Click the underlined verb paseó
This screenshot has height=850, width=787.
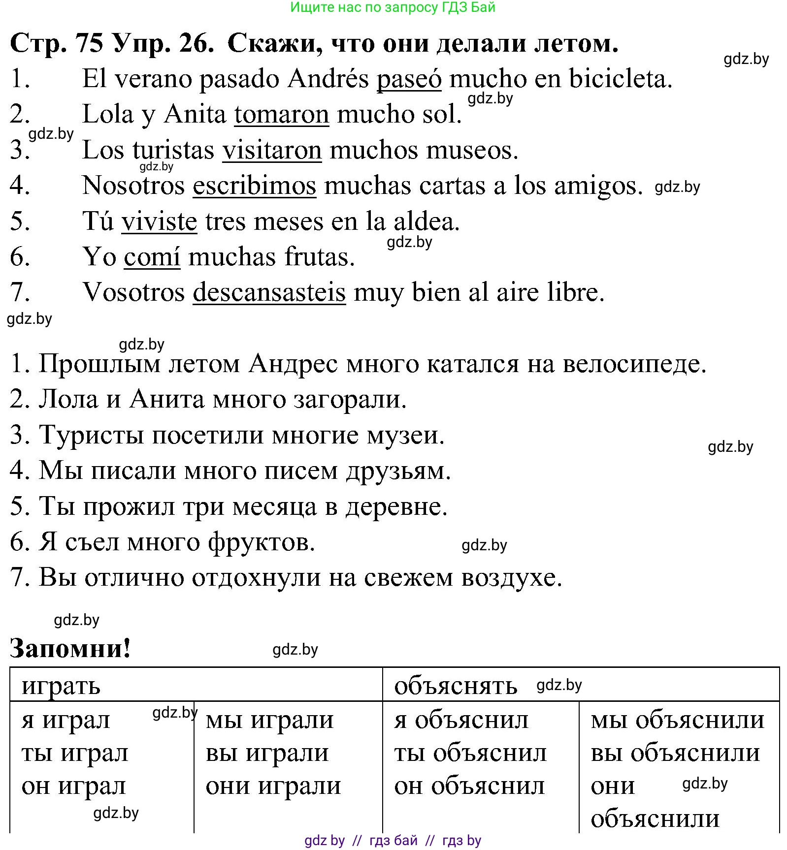tap(409, 79)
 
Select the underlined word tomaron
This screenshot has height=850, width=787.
tap(281, 114)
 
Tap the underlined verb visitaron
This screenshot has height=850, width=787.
tap(272, 150)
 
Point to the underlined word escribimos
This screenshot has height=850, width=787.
tap(254, 186)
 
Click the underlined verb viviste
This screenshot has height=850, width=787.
tap(159, 221)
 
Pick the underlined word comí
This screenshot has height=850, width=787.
tap(152, 257)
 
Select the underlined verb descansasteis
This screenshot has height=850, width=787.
tap(269, 292)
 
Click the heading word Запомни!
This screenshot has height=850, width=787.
tap(70, 648)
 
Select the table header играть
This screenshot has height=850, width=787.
tap(61, 686)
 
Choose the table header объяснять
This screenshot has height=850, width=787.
tap(456, 686)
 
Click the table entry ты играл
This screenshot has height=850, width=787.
tap(75, 753)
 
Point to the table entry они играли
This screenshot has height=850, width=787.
tap(273, 786)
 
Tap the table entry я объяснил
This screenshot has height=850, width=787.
tap(461, 721)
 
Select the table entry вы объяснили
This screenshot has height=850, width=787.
tap(675, 753)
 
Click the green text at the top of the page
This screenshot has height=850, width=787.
tap(393, 7)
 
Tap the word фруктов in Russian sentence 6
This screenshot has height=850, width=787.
tap(261, 542)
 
